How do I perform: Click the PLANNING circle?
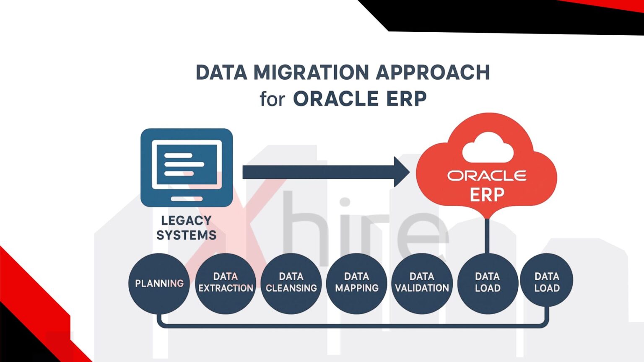(159, 284)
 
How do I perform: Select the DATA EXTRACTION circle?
(226, 284)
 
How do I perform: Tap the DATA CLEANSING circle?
(291, 284)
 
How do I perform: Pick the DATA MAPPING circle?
(357, 284)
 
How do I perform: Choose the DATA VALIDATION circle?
(422, 284)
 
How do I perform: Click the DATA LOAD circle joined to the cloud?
(488, 284)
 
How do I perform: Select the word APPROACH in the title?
(433, 72)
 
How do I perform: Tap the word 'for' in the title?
(272, 98)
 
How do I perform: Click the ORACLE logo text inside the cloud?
(487, 176)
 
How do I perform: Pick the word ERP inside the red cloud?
(487, 194)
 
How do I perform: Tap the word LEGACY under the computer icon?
(186, 221)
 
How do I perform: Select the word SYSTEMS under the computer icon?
(186, 235)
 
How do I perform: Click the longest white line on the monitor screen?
(184, 164)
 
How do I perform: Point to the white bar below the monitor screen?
(187, 199)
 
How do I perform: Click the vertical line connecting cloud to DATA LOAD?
(487, 236)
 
